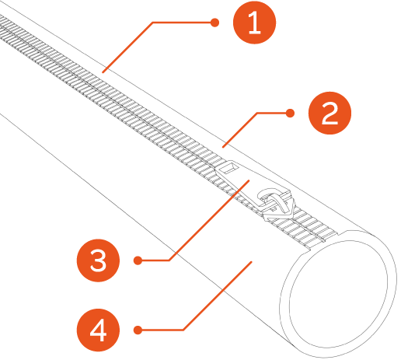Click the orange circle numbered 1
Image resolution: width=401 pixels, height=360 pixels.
tap(254, 23)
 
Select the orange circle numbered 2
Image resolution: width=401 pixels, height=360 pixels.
tap(330, 113)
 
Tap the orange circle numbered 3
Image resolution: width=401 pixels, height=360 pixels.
tap(98, 260)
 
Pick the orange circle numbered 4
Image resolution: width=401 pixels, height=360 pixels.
tap(98, 330)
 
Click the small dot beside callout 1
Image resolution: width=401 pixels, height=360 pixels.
tap(214, 23)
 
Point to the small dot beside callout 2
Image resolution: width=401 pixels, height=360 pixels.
tap(290, 113)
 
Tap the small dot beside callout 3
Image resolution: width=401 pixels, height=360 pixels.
tap(138, 260)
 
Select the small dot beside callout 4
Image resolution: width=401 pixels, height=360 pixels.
tap(138, 330)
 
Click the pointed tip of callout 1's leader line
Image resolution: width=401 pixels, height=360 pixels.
tap(103, 72)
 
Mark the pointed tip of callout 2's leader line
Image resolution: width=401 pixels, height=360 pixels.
tap(223, 148)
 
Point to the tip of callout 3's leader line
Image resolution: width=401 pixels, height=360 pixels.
tap(249, 180)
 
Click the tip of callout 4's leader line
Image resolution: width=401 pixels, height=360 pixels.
tap(251, 262)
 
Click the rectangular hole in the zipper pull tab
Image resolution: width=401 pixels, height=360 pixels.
tap(229, 167)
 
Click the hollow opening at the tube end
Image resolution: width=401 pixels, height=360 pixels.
tap(338, 294)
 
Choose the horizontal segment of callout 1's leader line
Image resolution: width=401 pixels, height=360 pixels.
tap(183, 23)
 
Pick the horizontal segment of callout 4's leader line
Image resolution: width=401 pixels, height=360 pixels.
tap(161, 330)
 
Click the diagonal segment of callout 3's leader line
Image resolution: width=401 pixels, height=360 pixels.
tap(209, 220)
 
